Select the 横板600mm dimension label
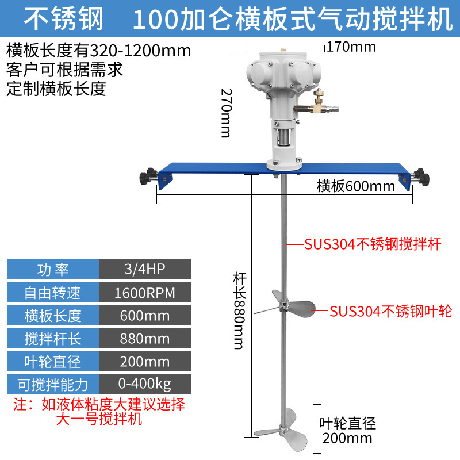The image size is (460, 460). tap(356, 186)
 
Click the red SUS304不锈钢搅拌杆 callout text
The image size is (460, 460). tap(373, 244)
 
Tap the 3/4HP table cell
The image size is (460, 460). tap(145, 269)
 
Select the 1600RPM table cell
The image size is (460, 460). tap(145, 293)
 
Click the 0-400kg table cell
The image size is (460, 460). tap(145, 384)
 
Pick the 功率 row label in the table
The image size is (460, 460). tap(53, 269)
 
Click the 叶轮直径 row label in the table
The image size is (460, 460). tap(53, 361)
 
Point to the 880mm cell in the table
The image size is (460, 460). tap(145, 338)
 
